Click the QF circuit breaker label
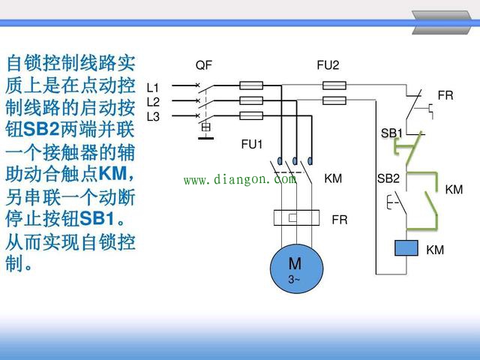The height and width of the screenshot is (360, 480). pos(204,65)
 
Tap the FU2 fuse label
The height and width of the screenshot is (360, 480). pos(328,65)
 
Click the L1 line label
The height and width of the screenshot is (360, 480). pos(153,88)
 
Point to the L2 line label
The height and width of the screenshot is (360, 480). pos(153,102)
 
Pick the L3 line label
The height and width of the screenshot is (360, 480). pos(153,116)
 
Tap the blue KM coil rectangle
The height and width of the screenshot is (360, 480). pos(406,248)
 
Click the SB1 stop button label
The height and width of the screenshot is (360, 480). pos(391,133)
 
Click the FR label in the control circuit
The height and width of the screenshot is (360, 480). pos(445,95)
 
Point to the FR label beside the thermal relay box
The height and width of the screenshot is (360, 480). pos(340,220)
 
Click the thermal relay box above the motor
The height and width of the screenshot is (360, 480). pos(293,218)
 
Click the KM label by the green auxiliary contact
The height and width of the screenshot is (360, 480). pos(454,190)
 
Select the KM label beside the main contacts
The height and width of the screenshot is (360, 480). pos(333,178)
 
